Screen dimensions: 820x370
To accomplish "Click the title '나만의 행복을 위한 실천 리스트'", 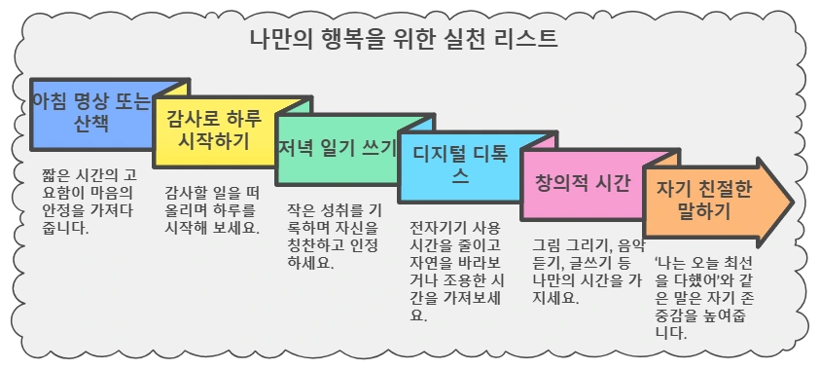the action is coord(404,41).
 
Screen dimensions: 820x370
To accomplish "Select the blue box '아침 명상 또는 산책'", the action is coord(91,113).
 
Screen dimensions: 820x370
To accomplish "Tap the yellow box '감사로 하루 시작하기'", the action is coord(214,130).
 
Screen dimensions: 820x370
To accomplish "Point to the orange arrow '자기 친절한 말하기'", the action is coord(705,201).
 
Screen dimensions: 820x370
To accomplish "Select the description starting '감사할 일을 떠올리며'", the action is coord(212,209).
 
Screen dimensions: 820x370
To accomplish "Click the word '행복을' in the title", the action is coord(362,41).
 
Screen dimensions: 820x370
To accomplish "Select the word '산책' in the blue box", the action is coord(91,125).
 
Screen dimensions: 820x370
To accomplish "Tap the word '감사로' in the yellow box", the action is coord(193,120).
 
